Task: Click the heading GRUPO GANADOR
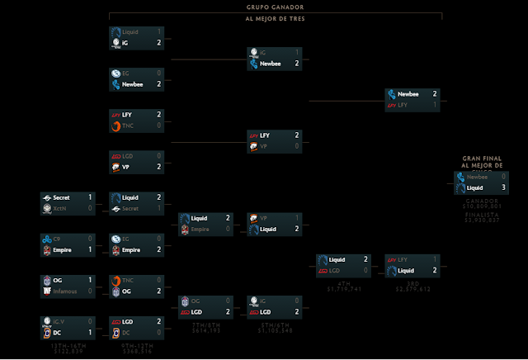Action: [x=275, y=7]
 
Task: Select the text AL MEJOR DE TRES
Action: [x=275, y=18]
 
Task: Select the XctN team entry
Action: [x=61, y=207]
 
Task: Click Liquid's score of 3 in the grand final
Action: [x=503, y=187]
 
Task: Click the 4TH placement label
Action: [x=338, y=283]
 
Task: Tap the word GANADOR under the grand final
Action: [x=483, y=201]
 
